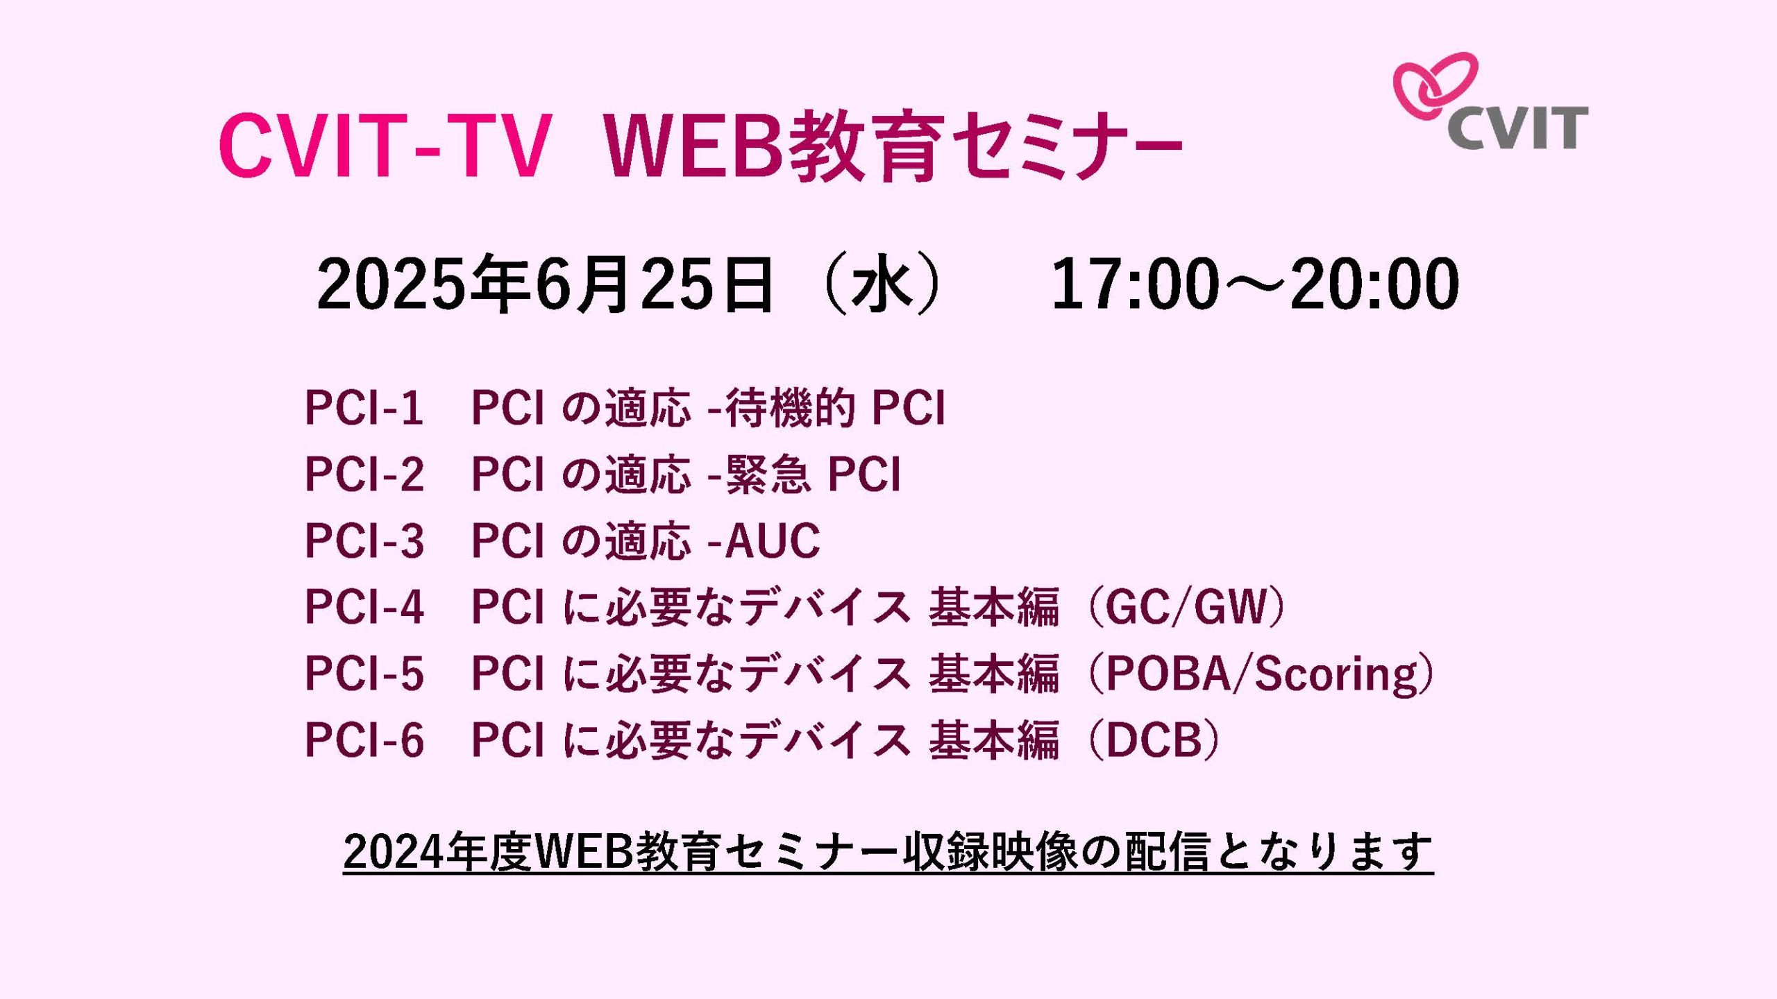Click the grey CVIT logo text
click(x=1517, y=128)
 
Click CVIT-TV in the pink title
click(x=385, y=146)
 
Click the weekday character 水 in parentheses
click(x=882, y=284)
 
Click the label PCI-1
click(x=364, y=407)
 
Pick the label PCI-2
click(x=364, y=474)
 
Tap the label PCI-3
click(x=364, y=540)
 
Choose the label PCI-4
click(x=364, y=607)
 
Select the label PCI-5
click(x=364, y=674)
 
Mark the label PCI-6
click(x=364, y=740)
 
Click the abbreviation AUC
click(x=773, y=540)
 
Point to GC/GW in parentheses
click(x=1186, y=607)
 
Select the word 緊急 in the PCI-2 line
click(x=768, y=474)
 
